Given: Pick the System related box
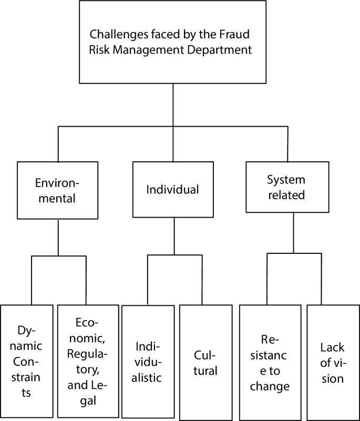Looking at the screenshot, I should point(287,187).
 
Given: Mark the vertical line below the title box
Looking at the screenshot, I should point(173,105).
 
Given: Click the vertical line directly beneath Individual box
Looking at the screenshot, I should point(173,236).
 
